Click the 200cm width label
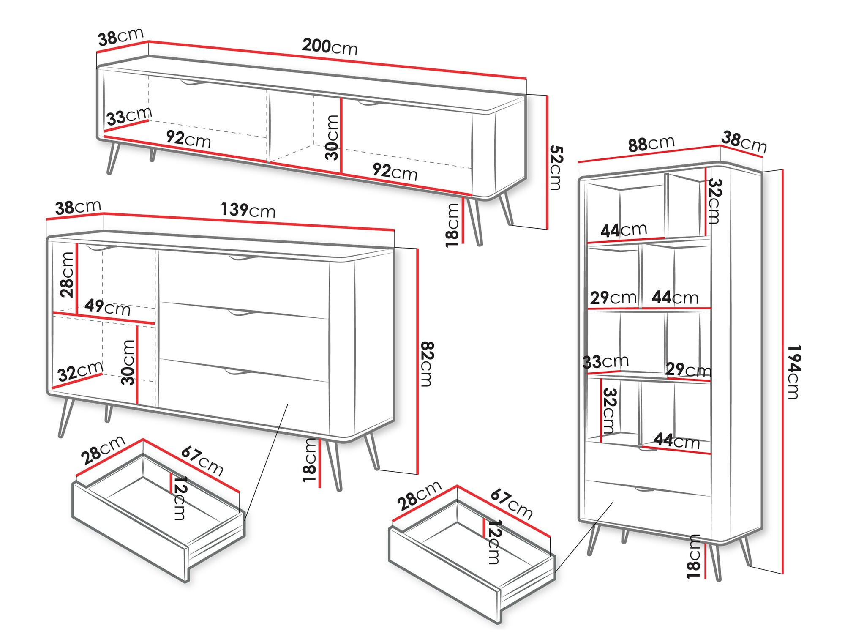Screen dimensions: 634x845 click(x=330, y=46)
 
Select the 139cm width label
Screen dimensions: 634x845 click(x=248, y=210)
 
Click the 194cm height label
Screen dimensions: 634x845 click(x=794, y=372)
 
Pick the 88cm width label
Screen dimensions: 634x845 click(x=651, y=144)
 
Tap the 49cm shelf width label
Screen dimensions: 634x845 click(x=107, y=307)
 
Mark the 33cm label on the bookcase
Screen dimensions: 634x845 click(x=605, y=362)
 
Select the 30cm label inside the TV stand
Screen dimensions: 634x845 click(x=332, y=137)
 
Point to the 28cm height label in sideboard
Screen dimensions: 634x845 click(x=67, y=275)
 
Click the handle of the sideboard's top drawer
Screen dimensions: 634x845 click(x=242, y=257)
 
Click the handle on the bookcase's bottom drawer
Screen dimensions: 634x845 click(x=644, y=489)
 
